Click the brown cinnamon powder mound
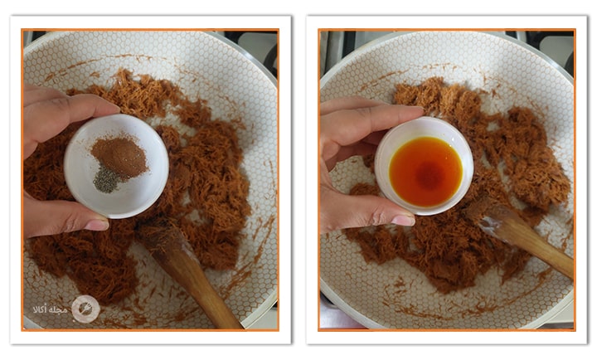pyautogui.click(x=119, y=157)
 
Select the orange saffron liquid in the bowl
pyautogui.click(x=425, y=172)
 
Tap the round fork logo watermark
pyautogui.click(x=85, y=309)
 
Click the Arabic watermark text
pyautogui.click(x=51, y=309)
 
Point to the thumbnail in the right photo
pyautogui.click(x=403, y=220)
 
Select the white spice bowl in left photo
pyautogui.click(x=116, y=166)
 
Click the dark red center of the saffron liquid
pyautogui.click(x=430, y=175)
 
